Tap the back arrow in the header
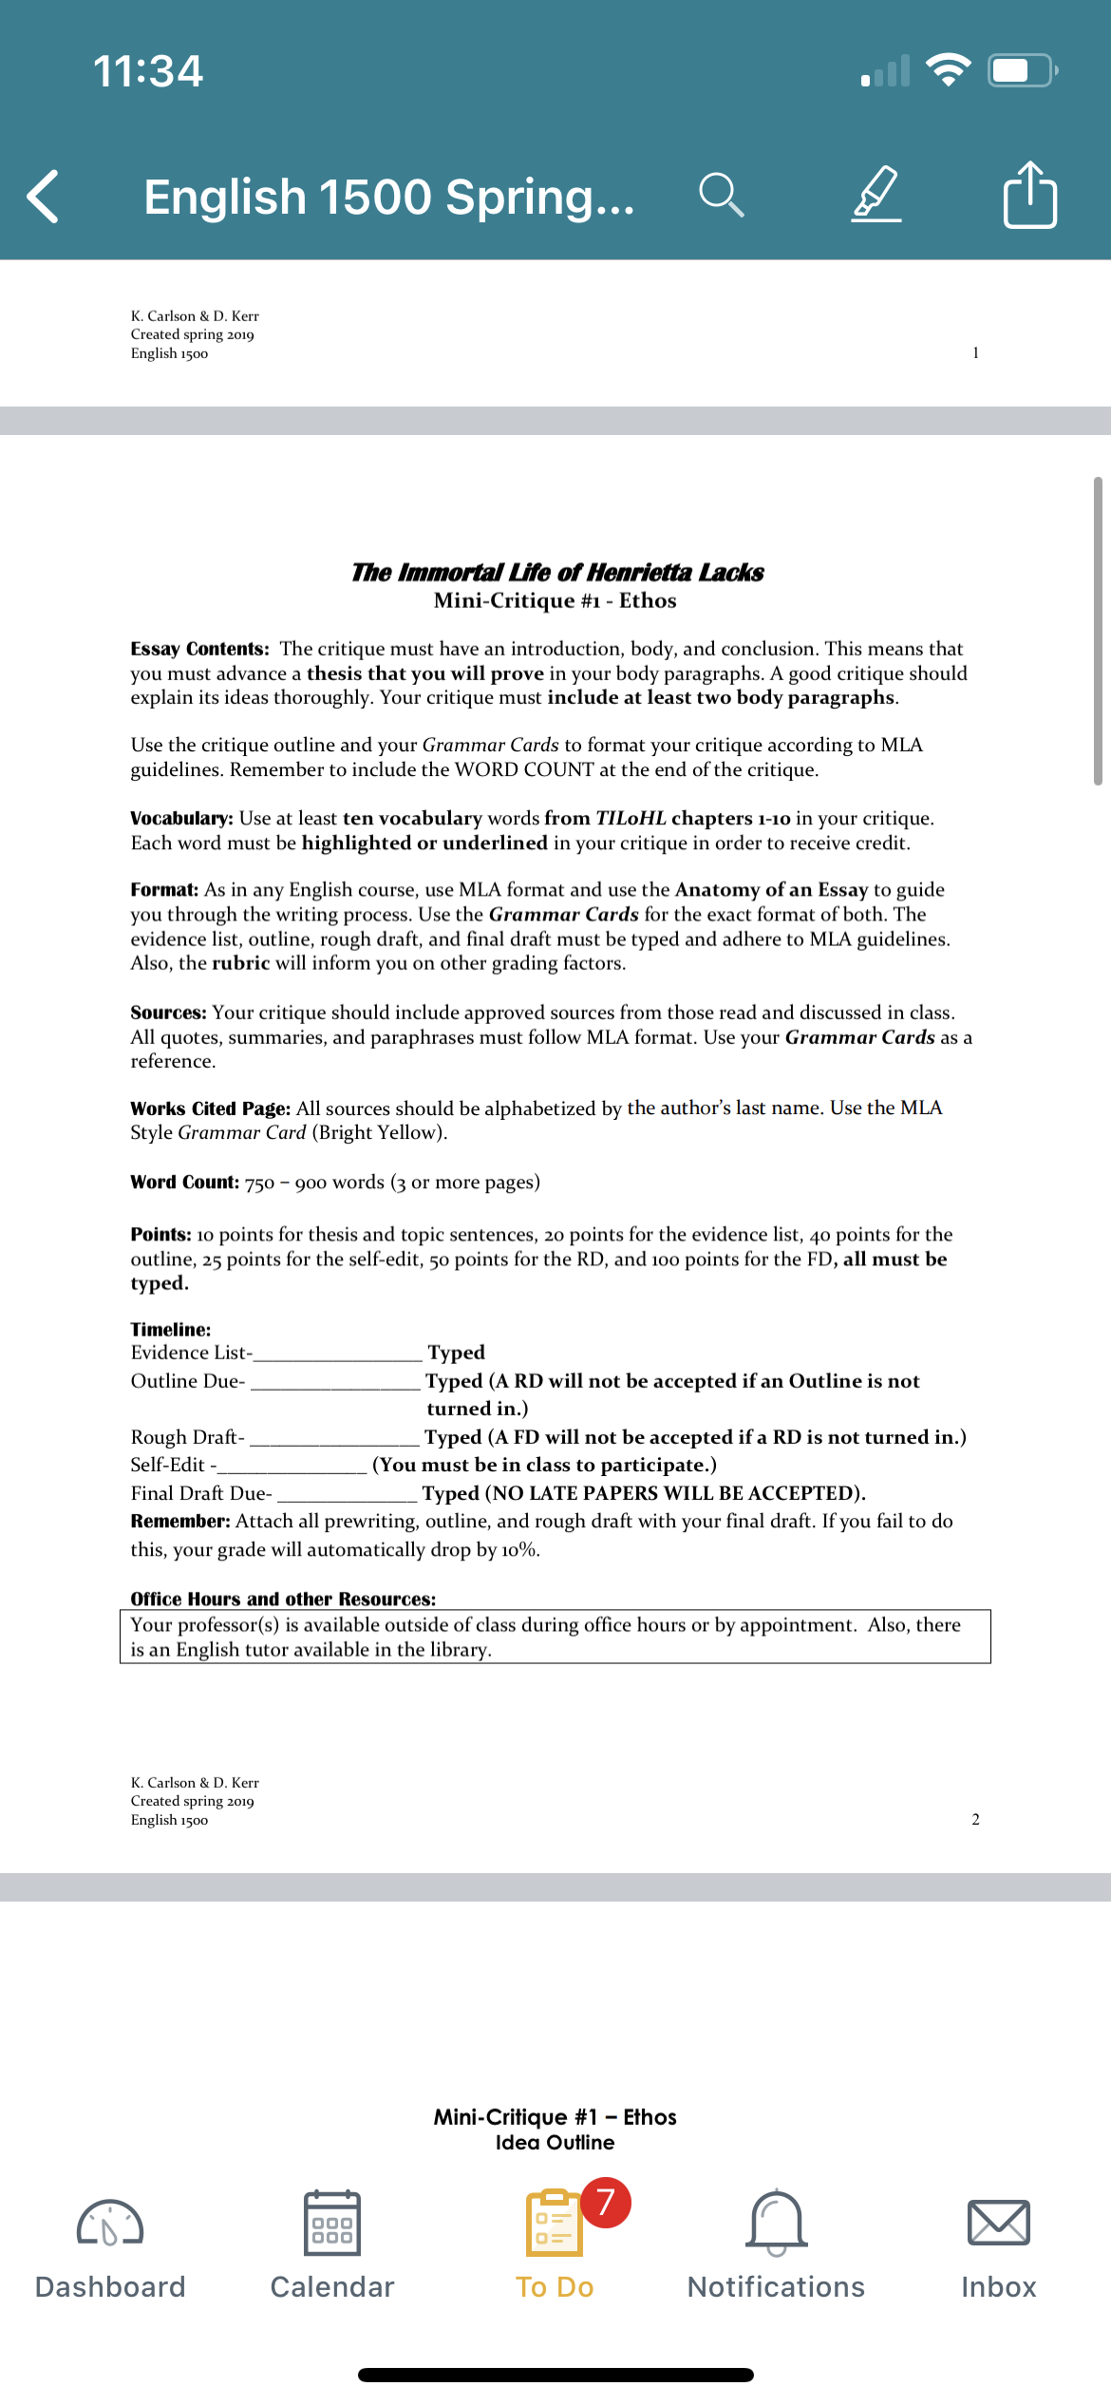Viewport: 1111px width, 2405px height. [44, 197]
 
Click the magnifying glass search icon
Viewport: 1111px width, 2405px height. [721, 196]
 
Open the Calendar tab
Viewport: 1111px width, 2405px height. [332, 2224]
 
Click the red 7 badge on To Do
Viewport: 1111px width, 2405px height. [605, 2202]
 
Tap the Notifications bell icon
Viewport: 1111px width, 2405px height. [777, 2224]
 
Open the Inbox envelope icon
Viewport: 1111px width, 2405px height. [998, 2224]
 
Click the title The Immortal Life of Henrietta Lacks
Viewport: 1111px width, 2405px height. [557, 572]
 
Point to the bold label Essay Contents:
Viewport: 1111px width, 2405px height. [199, 649]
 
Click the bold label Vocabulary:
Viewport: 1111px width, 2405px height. [181, 819]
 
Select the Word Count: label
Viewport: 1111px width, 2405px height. [184, 1183]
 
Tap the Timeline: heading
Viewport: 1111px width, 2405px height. [171, 1330]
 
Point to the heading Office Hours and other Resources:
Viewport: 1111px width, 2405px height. [283, 1600]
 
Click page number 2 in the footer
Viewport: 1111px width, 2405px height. [975, 1819]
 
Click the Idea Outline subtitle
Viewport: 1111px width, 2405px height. [555, 2142]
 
